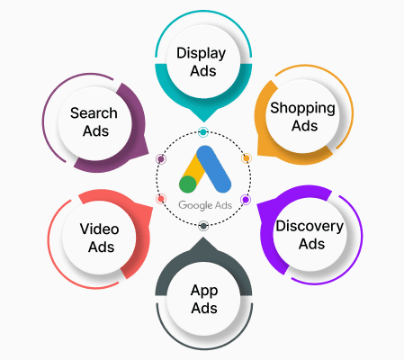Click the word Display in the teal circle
click(x=201, y=54)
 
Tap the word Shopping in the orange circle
click(x=302, y=108)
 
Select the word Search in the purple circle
click(x=94, y=113)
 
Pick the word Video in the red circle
click(x=99, y=229)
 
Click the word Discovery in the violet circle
click(x=310, y=227)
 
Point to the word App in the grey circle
click(x=204, y=291)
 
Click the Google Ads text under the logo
click(x=205, y=205)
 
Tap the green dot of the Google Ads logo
click(x=188, y=184)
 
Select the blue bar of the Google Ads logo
click(x=214, y=169)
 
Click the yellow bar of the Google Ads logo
click(x=193, y=168)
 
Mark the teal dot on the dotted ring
click(x=203, y=132)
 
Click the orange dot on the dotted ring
click(x=247, y=158)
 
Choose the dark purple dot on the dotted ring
click(x=161, y=159)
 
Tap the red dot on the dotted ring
click(x=161, y=199)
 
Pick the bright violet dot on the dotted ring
click(x=246, y=200)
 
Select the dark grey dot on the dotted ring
click(x=203, y=226)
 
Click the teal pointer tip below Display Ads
click(x=203, y=121)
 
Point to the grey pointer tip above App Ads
click(x=203, y=237)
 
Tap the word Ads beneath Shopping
click(x=304, y=126)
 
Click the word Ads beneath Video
click(x=101, y=247)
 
